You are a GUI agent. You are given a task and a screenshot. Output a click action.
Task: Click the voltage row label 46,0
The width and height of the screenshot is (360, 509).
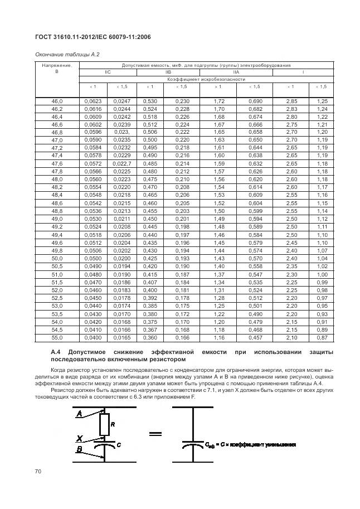[x=57, y=100]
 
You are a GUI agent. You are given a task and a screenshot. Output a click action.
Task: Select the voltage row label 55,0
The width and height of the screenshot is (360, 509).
[x=57, y=338]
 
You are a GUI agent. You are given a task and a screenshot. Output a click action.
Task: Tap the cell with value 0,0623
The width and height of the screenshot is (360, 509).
[x=93, y=100]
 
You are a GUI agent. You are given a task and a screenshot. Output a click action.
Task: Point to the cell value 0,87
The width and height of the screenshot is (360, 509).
[x=322, y=338]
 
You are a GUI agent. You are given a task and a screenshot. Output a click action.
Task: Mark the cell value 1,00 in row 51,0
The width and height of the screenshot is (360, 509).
[x=322, y=274]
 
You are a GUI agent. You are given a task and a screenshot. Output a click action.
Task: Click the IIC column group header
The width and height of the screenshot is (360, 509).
[x=108, y=72]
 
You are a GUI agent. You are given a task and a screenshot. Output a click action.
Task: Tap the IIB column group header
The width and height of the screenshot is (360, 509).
[x=168, y=72]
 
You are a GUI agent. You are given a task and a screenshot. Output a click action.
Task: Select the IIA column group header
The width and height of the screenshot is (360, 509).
[x=236, y=72]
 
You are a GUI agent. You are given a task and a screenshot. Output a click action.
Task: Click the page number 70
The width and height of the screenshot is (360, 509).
[x=38, y=472]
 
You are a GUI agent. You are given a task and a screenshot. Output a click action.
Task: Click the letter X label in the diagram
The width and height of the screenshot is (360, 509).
[x=79, y=437]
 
